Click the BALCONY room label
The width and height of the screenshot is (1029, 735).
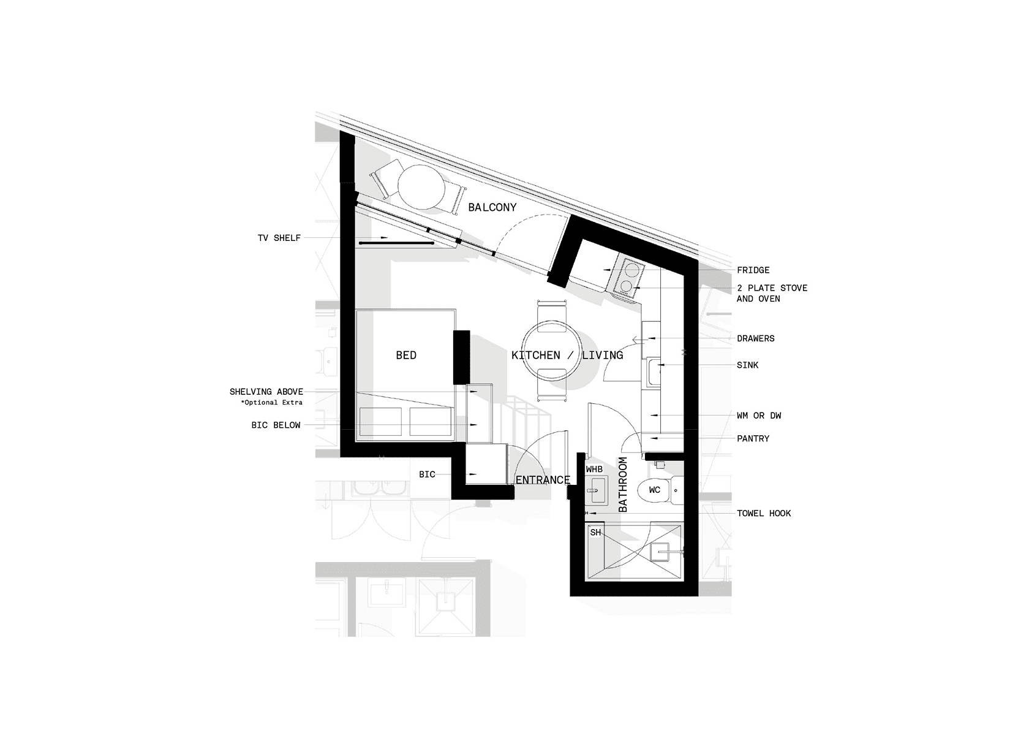pyautogui.click(x=492, y=207)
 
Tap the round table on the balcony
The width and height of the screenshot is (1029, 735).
pyautogui.click(x=421, y=188)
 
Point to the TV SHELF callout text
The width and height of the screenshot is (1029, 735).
pyautogui.click(x=279, y=238)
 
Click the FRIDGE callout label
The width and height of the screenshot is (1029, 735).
pyautogui.click(x=753, y=270)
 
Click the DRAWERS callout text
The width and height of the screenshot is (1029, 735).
pyautogui.click(x=756, y=339)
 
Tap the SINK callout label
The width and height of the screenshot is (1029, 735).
pyautogui.click(x=747, y=365)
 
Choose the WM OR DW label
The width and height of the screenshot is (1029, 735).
pyautogui.click(x=759, y=416)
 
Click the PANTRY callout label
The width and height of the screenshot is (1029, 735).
pyautogui.click(x=753, y=438)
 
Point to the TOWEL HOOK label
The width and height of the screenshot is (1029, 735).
pyautogui.click(x=764, y=514)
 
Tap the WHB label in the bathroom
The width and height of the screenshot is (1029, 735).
pyautogui.click(x=594, y=470)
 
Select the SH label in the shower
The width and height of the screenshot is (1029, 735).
pyautogui.click(x=595, y=532)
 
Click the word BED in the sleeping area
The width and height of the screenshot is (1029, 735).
pyautogui.click(x=406, y=356)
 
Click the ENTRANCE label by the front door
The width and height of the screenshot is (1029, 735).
pyautogui.click(x=543, y=480)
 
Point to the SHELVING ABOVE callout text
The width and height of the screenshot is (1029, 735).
pyautogui.click(x=266, y=392)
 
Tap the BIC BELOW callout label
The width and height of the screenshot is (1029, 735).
pyautogui.click(x=276, y=425)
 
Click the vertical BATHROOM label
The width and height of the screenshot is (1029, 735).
pyautogui.click(x=622, y=484)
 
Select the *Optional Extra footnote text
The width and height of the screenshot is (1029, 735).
pyautogui.click(x=271, y=403)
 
